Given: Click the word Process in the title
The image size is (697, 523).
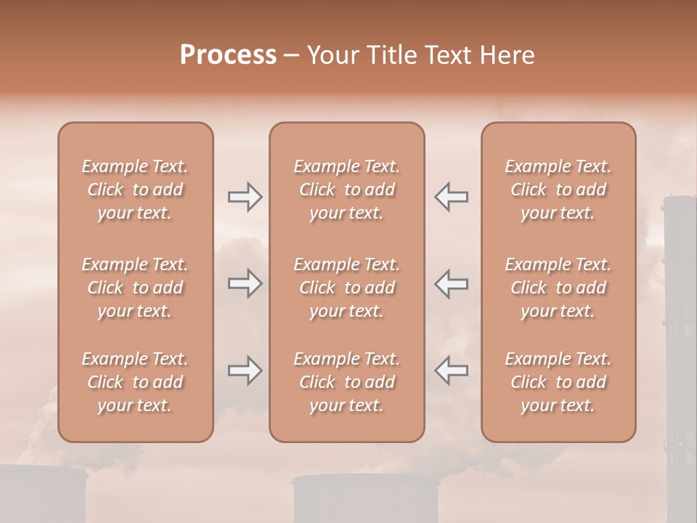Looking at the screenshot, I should [228, 55].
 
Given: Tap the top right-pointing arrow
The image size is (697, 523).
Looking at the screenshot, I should [245, 197].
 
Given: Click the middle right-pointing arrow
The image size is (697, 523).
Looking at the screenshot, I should [245, 283].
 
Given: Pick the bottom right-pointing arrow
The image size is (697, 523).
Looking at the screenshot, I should [245, 370].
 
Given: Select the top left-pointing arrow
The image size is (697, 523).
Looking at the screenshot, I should [451, 197].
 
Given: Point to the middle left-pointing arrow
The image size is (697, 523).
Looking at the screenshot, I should [451, 283].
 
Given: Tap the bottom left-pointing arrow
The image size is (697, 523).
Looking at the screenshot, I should [451, 370].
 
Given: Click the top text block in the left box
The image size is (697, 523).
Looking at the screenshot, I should [135, 190].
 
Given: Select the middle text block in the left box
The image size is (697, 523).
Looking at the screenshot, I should [135, 288].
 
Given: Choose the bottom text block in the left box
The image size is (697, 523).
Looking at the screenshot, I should [135, 382].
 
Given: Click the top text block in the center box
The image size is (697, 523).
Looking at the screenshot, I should [347, 190].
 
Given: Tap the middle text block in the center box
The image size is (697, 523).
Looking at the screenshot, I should [347, 288].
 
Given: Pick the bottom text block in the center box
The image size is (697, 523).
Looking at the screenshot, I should [347, 382].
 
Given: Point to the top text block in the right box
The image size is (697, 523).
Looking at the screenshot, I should [558, 190].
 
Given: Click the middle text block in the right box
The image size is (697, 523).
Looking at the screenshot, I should [558, 288].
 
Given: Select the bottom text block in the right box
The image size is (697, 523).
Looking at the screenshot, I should [558, 382].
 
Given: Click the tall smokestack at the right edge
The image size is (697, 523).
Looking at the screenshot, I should [680, 327].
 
